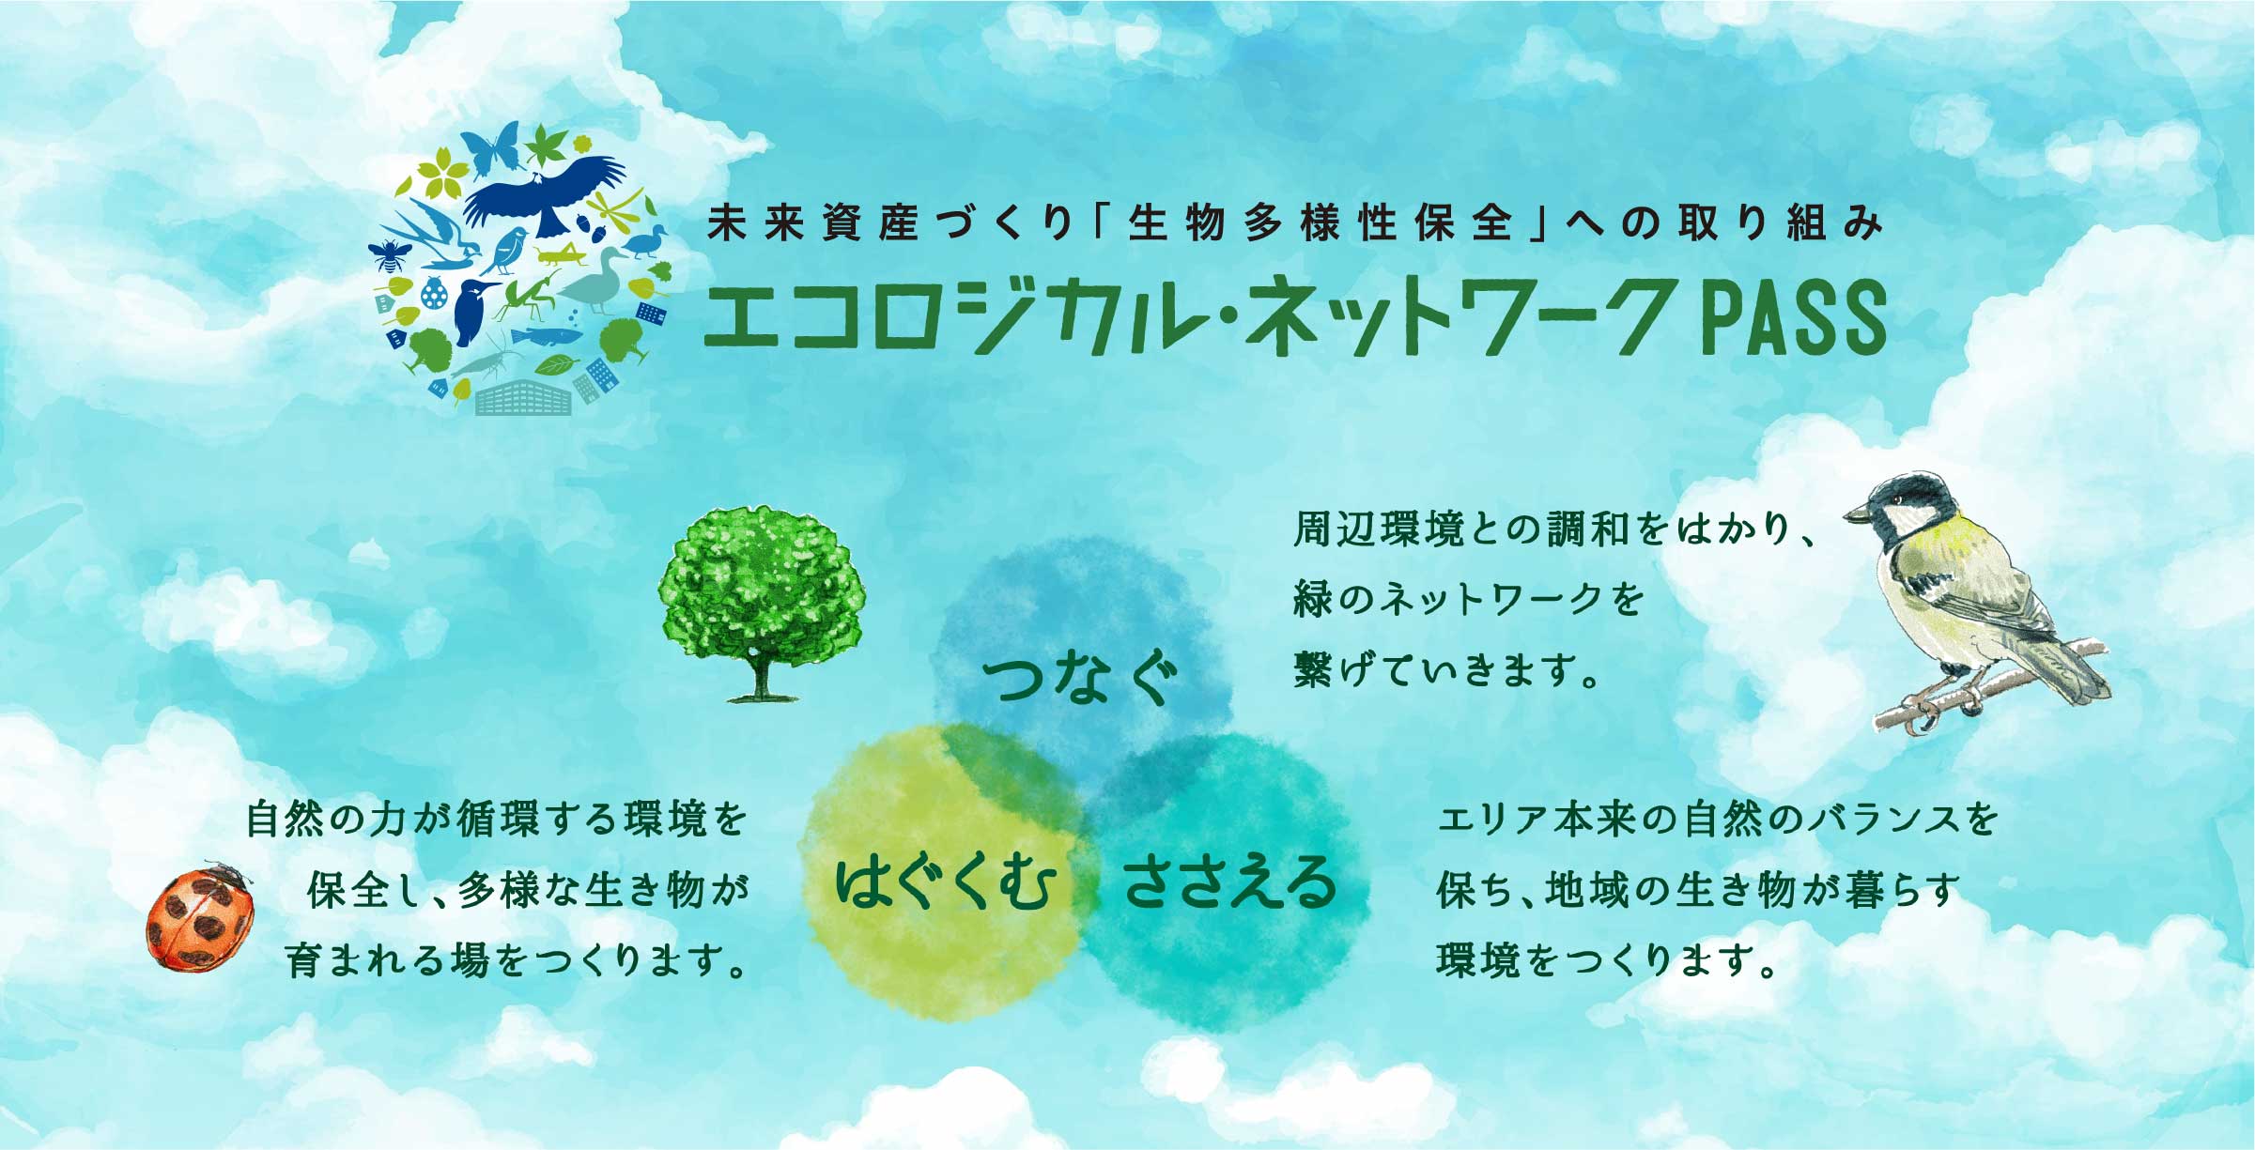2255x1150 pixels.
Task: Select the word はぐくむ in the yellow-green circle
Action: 946,882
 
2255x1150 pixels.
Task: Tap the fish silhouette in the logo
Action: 545,335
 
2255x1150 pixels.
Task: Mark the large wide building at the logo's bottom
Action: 523,398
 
